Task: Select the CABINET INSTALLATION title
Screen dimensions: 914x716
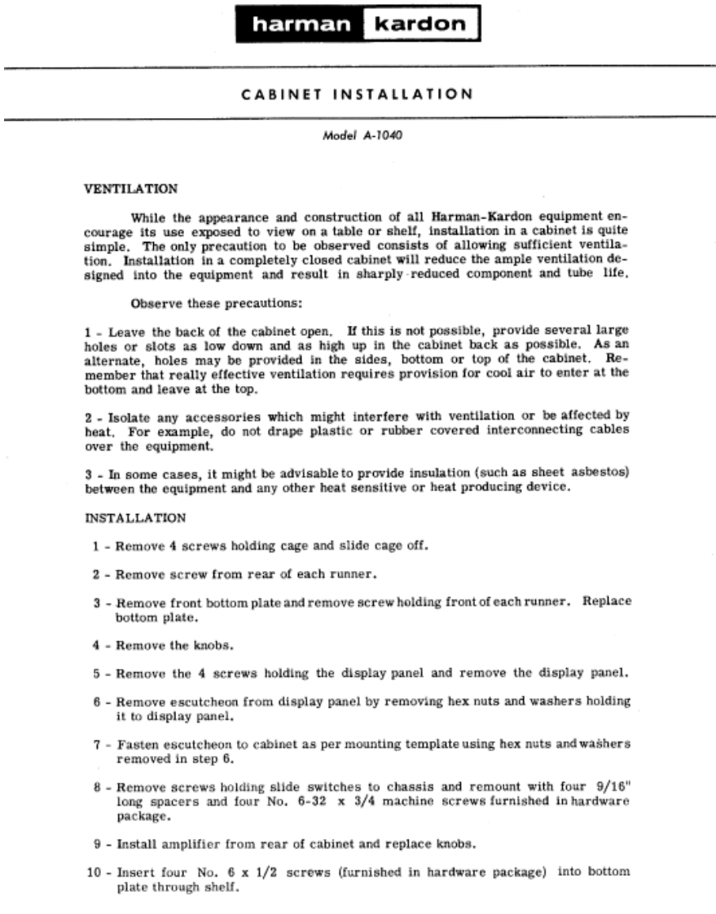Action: (358, 94)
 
